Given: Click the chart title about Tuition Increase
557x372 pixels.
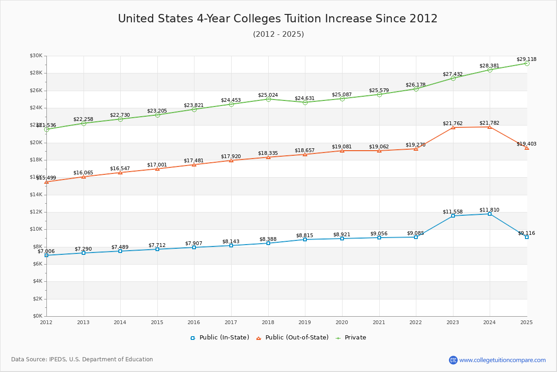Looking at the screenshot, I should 278,19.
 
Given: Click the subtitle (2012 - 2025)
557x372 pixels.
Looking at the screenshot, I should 278,34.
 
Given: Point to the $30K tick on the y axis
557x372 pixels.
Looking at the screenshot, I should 36,56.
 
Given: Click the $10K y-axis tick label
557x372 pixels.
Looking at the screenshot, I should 36,229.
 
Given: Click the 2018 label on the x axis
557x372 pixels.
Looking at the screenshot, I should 268,322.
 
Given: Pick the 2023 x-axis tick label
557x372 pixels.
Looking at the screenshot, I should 453,322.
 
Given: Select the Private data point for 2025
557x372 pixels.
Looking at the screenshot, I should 527,63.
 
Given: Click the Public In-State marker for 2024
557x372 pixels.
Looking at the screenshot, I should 490,214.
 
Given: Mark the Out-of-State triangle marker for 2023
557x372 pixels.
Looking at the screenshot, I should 453,127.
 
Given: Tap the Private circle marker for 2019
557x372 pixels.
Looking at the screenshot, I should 305,102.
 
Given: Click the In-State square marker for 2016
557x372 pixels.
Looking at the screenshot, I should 194,247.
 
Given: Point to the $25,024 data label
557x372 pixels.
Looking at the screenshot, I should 268,95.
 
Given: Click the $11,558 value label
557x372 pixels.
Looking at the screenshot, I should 453,212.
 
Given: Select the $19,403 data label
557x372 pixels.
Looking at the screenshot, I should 526,144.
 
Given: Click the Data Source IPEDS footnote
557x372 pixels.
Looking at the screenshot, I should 82,359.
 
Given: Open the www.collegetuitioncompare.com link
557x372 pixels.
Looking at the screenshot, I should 502,360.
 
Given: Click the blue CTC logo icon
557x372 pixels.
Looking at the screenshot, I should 453,360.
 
